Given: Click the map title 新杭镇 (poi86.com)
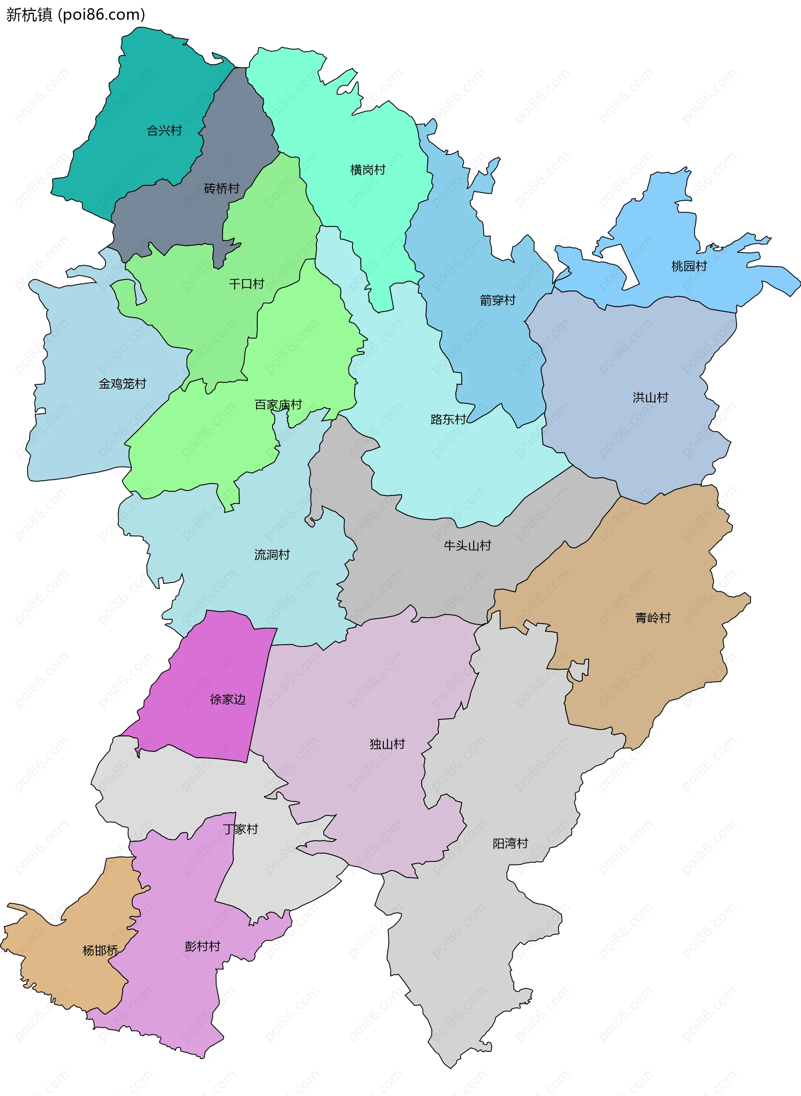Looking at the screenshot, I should coord(76,15).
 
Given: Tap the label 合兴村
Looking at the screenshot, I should coord(164,131).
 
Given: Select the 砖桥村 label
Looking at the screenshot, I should coord(222,188).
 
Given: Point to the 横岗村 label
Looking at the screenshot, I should coord(368,170).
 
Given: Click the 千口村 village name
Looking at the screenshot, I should coord(246,284).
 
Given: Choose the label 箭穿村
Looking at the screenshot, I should coord(497,300).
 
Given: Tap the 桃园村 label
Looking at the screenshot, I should coord(689,266).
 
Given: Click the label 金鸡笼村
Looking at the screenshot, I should coord(123,384).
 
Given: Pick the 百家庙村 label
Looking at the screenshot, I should coord(278,404).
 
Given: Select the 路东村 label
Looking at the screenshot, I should coord(448,419).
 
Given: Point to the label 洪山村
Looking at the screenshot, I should coord(650,397).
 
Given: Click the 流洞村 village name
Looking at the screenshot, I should coord(272,554).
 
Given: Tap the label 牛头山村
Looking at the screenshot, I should coord(467,545).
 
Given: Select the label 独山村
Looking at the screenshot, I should coord(387,744).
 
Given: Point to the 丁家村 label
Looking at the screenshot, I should coord(241,829).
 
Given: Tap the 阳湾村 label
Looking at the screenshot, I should coord(510,843).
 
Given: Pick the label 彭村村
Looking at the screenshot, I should coord(202,946).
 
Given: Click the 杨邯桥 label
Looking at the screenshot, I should coord(101,950).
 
